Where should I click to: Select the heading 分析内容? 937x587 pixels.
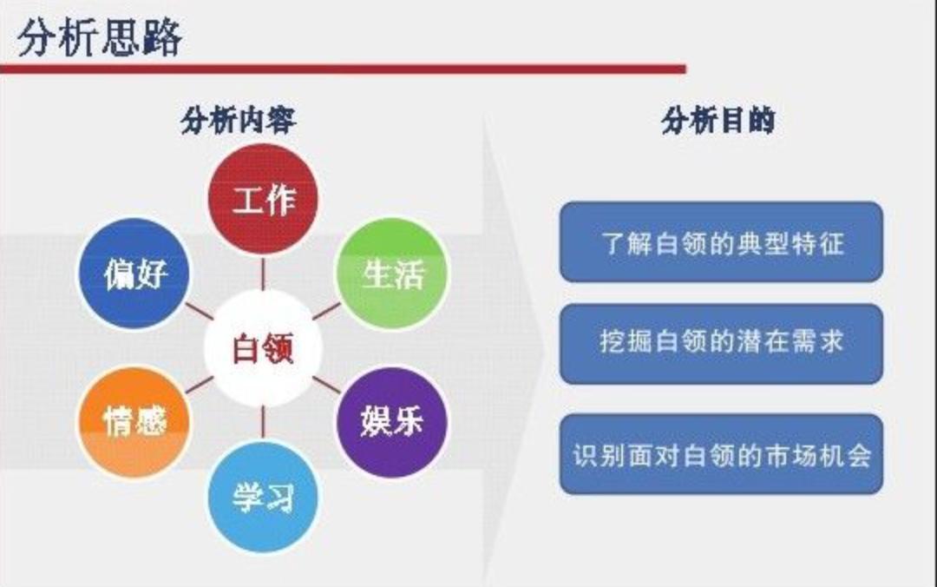[238, 120]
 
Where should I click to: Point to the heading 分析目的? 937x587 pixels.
[717, 120]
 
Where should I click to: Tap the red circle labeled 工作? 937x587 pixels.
[263, 199]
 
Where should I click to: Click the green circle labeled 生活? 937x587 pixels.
[393, 274]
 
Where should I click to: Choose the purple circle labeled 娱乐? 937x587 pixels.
[392, 421]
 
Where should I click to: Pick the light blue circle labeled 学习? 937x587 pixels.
[263, 497]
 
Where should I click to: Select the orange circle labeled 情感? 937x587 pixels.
[134, 422]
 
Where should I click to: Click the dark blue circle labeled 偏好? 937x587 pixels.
[134, 274]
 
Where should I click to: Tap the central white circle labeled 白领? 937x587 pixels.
[263, 348]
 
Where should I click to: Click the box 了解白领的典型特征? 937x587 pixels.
[721, 242]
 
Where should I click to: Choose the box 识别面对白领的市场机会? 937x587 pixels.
[721, 454]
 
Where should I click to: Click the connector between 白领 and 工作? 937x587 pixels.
[263, 273]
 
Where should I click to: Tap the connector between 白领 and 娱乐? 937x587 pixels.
[327, 385]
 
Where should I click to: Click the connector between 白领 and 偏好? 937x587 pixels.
[199, 312]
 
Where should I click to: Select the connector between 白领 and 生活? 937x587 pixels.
[327, 311]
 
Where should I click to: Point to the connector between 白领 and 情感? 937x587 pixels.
[199, 385]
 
